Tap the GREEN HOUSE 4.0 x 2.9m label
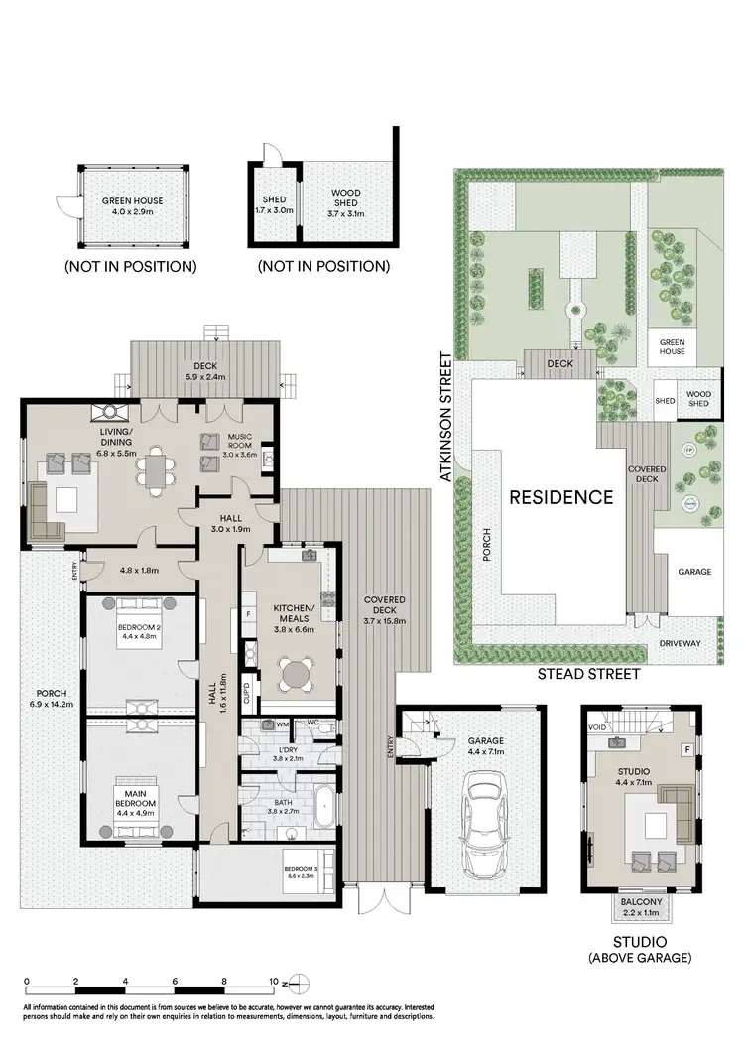pos(132,206)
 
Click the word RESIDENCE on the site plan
pos(560,497)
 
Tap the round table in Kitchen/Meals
pos(296,675)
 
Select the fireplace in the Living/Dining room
pos(105,413)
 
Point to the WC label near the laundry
pos(311,723)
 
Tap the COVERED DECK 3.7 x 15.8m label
pos(383,609)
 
